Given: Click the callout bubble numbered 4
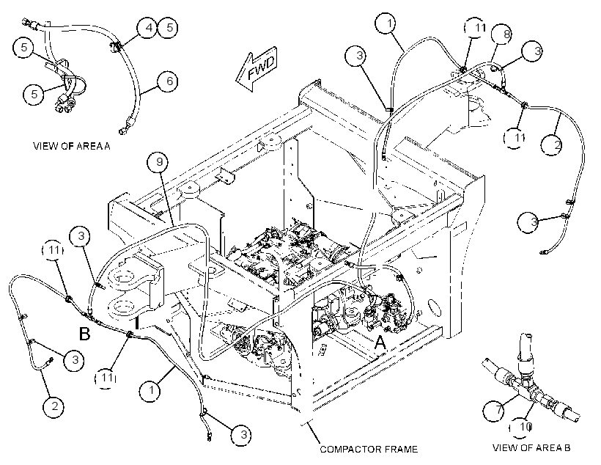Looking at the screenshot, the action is point(147,28).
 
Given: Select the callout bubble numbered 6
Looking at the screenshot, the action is point(169,81).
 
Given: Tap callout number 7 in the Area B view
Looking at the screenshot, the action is point(498,411).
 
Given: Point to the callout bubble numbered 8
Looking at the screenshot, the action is point(506,34).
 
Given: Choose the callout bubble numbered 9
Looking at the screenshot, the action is point(159,162).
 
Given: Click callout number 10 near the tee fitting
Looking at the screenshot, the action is point(523,427).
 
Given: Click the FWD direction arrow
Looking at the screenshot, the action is point(256,69).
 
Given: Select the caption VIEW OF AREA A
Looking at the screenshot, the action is point(72,146).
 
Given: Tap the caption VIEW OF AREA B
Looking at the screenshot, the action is point(531,447).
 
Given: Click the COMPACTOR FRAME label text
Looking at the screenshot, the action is point(369,450).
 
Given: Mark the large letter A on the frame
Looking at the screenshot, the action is point(380,343).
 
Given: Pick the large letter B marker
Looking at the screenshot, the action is point(84,334).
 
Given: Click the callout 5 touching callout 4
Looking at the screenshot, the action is point(169,28).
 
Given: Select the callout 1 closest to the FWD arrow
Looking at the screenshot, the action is point(388,23).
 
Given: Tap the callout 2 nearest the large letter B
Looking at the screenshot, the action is point(54,406).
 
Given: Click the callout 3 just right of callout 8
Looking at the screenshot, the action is point(537,51).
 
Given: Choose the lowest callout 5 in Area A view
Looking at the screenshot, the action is point(34,94).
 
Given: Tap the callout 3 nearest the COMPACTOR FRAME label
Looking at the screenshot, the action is point(242,435).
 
